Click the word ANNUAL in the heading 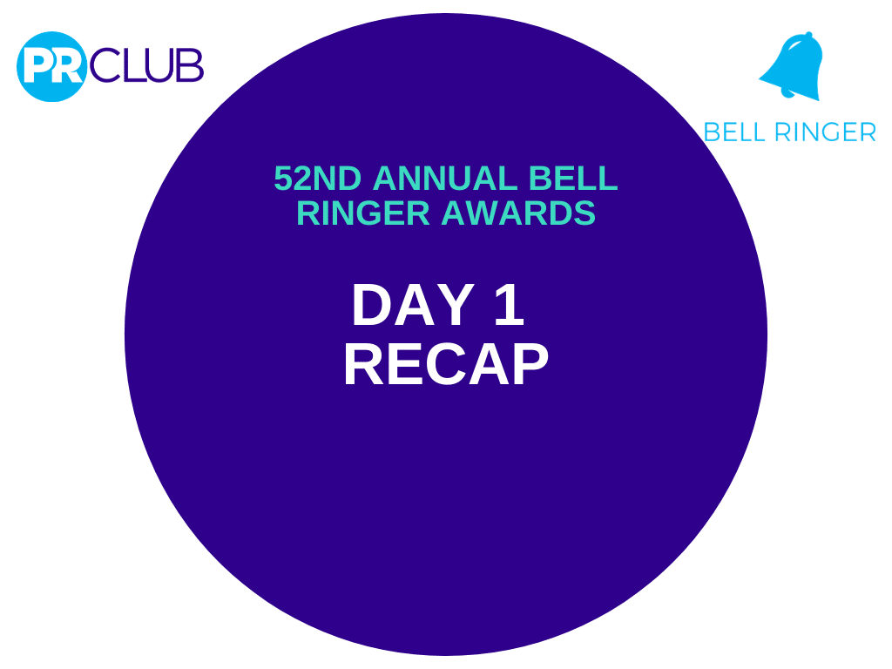(444, 178)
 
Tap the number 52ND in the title (317, 178)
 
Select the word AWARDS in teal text (518, 213)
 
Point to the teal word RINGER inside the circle (362, 213)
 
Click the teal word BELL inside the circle (573, 178)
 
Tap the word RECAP (446, 365)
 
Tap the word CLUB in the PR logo (146, 64)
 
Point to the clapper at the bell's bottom (787, 93)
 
